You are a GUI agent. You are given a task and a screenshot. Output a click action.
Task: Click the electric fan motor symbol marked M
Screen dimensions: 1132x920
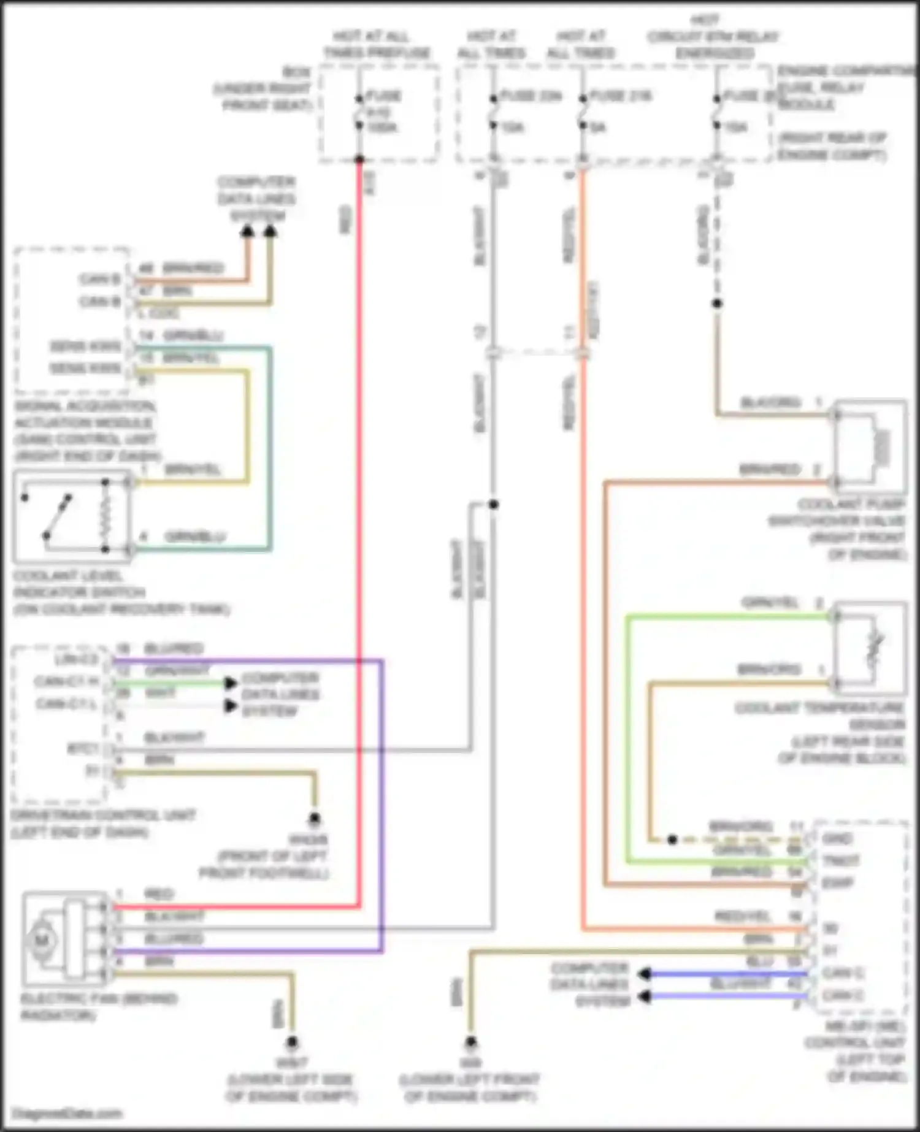tap(42, 939)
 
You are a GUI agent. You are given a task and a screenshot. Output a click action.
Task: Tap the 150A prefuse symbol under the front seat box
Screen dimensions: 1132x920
tap(359, 112)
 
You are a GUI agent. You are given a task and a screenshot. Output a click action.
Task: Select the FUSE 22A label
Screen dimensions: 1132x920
tap(531, 96)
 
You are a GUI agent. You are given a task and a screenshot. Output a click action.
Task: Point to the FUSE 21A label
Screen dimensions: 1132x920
tap(619, 96)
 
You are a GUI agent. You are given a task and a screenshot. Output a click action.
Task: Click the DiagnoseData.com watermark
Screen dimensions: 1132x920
tap(67, 1113)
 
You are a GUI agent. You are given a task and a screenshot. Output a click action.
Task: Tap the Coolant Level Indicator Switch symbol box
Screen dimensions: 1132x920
tap(72, 516)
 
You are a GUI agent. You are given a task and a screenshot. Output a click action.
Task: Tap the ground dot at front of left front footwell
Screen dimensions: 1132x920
tap(315, 818)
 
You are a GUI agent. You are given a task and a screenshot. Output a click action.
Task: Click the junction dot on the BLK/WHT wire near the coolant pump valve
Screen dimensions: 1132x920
tap(493, 504)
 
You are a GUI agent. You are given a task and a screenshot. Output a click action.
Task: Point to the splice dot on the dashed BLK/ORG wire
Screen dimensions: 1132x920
tap(716, 304)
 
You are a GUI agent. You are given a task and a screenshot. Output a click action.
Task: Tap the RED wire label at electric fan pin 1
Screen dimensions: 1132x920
tap(158, 894)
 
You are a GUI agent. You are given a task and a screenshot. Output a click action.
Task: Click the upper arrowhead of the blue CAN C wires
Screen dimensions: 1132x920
tap(644, 974)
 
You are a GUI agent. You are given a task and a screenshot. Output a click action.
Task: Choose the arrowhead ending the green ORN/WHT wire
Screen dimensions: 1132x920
tap(231, 683)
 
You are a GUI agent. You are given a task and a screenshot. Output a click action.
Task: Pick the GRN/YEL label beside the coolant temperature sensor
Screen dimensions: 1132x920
tap(769, 603)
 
